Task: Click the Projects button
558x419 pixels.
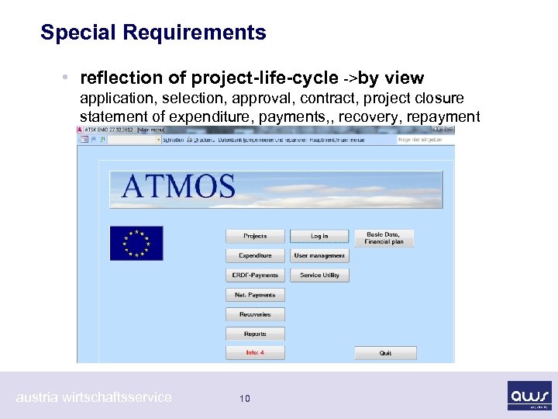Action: pyautogui.click(x=255, y=236)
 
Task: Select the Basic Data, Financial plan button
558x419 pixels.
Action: pyautogui.click(x=385, y=238)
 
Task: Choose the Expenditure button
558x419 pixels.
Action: pyautogui.click(x=255, y=255)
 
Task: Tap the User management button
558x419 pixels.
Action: pyautogui.click(x=319, y=255)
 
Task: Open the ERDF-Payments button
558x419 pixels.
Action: pyautogui.click(x=255, y=275)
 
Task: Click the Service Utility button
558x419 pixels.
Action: pyautogui.click(x=319, y=275)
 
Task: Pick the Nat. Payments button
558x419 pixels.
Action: pyautogui.click(x=255, y=295)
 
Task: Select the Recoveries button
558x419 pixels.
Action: pyautogui.click(x=255, y=314)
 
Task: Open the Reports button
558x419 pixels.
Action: pyautogui.click(x=255, y=334)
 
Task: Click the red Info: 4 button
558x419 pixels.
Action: pyautogui.click(x=255, y=352)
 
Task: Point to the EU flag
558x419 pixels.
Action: pyautogui.click(x=136, y=243)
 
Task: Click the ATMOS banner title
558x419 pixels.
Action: pyautogui.click(x=178, y=187)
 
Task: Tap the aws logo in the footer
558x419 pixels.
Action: pyautogui.click(x=530, y=395)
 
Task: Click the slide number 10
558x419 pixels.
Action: pyautogui.click(x=245, y=399)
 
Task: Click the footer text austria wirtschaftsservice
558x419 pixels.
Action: pyautogui.click(x=94, y=397)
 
